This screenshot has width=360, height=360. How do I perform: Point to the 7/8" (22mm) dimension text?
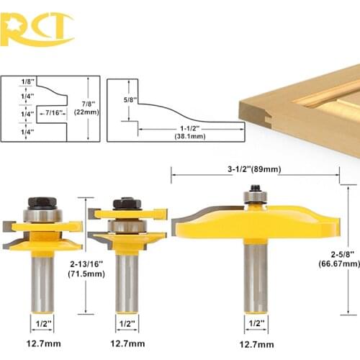coord(86,108)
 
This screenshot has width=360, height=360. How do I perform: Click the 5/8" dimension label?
coord(130,99)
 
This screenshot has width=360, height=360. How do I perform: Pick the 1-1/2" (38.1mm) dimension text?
coord(190,132)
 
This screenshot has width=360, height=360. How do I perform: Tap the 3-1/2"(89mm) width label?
coord(254,169)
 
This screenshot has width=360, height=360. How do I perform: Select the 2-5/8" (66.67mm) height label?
coord(339,259)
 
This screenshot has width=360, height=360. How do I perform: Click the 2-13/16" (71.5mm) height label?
coord(86,269)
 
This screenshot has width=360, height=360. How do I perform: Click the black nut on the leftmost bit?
coord(42,203)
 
